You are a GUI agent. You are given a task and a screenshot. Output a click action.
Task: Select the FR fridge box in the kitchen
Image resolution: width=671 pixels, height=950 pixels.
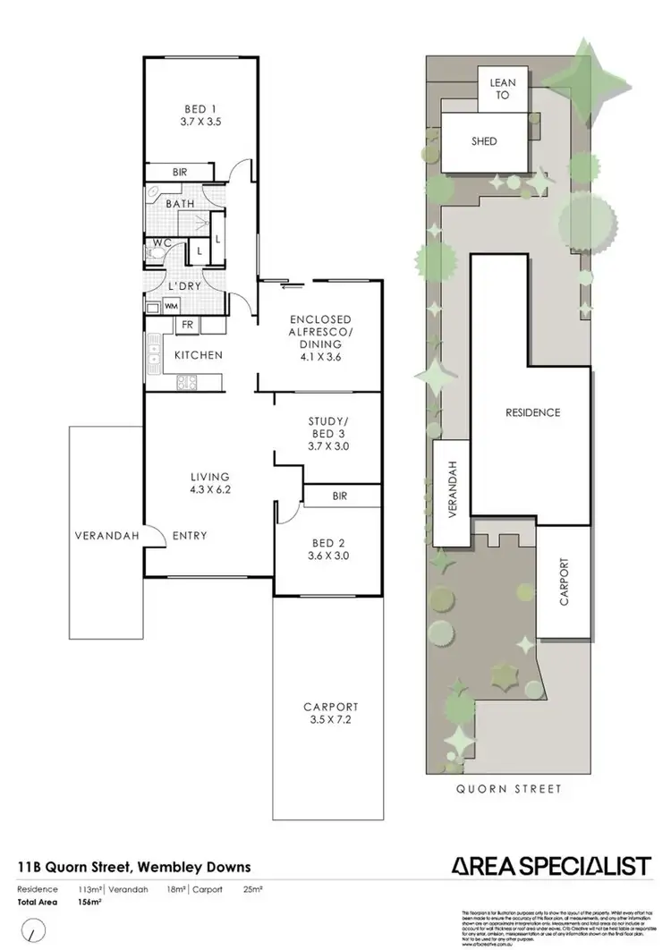pyautogui.click(x=188, y=326)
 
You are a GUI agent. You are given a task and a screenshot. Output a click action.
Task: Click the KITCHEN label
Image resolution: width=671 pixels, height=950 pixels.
pyautogui.click(x=198, y=355)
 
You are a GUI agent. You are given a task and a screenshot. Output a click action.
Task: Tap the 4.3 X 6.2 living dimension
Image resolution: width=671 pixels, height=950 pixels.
pyautogui.click(x=209, y=491)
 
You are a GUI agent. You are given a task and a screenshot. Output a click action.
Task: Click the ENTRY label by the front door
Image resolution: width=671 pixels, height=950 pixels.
pyautogui.click(x=188, y=536)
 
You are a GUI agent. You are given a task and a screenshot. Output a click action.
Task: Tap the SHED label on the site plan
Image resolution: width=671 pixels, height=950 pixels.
pyautogui.click(x=484, y=141)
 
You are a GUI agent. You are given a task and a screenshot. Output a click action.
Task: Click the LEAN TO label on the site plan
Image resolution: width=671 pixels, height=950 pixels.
pyautogui.click(x=502, y=89)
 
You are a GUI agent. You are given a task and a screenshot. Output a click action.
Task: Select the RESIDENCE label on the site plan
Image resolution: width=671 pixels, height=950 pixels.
pyautogui.click(x=532, y=412)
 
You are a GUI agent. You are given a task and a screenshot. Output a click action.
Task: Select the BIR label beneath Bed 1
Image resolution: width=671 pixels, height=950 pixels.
pyautogui.click(x=180, y=172)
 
